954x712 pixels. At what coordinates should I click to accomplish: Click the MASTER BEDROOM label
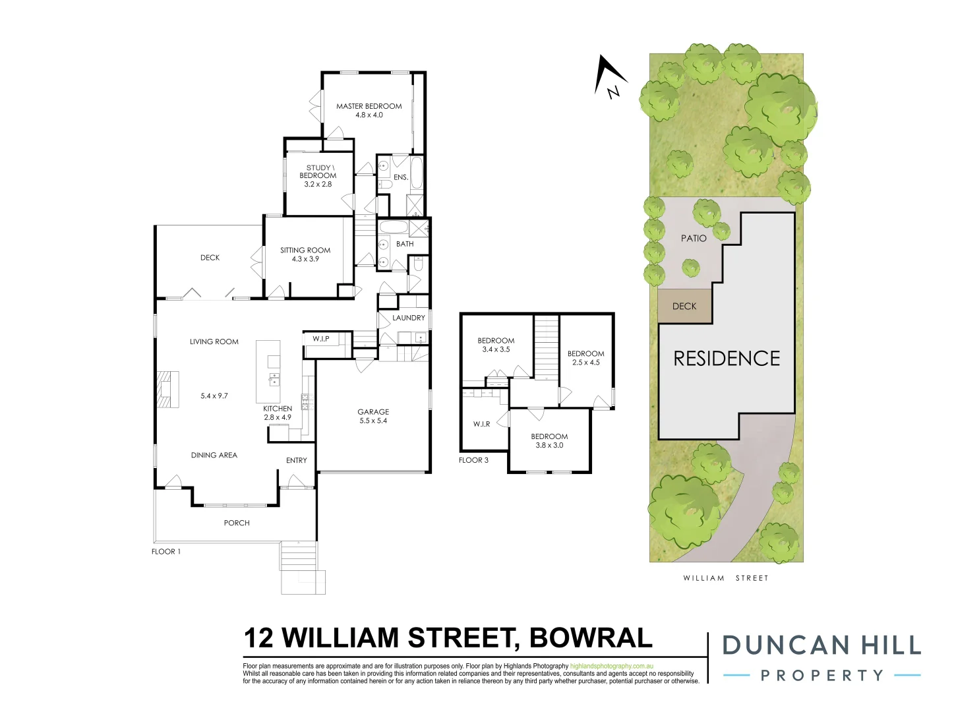[369, 106]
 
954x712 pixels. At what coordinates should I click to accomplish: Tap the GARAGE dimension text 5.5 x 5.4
[373, 421]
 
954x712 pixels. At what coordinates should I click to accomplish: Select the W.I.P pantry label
[321, 339]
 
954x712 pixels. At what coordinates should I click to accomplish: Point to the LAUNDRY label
[409, 318]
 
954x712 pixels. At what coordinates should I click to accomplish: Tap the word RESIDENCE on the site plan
[727, 359]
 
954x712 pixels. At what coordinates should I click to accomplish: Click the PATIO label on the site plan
[694, 238]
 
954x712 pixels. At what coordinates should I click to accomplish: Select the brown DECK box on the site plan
[684, 307]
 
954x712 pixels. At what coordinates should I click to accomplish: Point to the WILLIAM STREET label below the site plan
[725, 578]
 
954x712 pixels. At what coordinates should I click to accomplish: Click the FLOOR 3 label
[473, 460]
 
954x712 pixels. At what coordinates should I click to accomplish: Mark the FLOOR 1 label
[166, 552]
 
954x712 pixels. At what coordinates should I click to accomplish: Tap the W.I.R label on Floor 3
[481, 424]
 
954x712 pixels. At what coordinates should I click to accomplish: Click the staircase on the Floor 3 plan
[546, 346]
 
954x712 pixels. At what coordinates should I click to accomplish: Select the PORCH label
[237, 523]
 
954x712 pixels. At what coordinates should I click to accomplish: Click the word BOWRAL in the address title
[591, 638]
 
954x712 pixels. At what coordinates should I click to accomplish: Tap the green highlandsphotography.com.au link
[611, 667]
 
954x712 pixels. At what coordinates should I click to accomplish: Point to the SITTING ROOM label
[305, 251]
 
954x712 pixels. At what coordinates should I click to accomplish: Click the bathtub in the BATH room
[394, 227]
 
